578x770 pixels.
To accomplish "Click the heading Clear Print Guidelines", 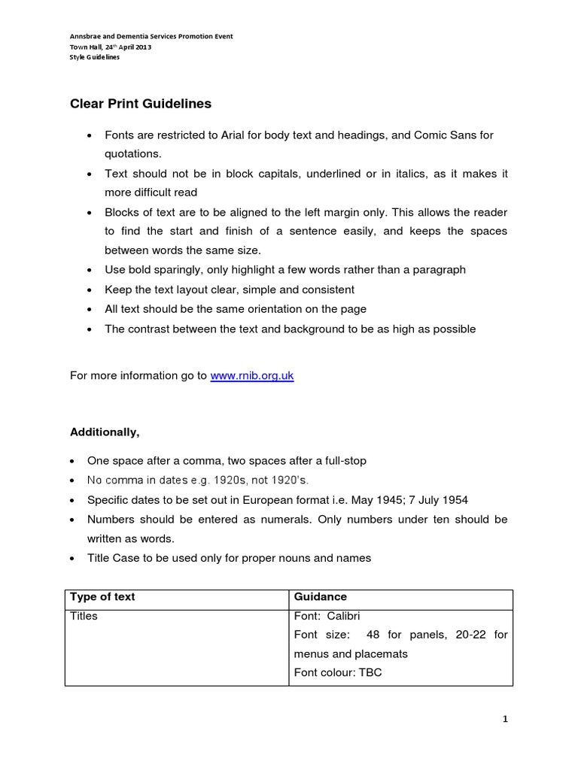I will (141, 103).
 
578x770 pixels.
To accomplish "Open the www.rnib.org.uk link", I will (251, 376).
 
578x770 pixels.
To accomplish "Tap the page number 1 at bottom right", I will (506, 720).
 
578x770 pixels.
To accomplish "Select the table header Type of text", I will (102, 596).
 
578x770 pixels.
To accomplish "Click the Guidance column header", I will (321, 596).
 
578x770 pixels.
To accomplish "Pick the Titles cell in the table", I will (84, 616).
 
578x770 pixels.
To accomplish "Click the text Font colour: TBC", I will (338, 672).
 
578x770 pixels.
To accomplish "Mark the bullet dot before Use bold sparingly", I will (90, 270).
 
